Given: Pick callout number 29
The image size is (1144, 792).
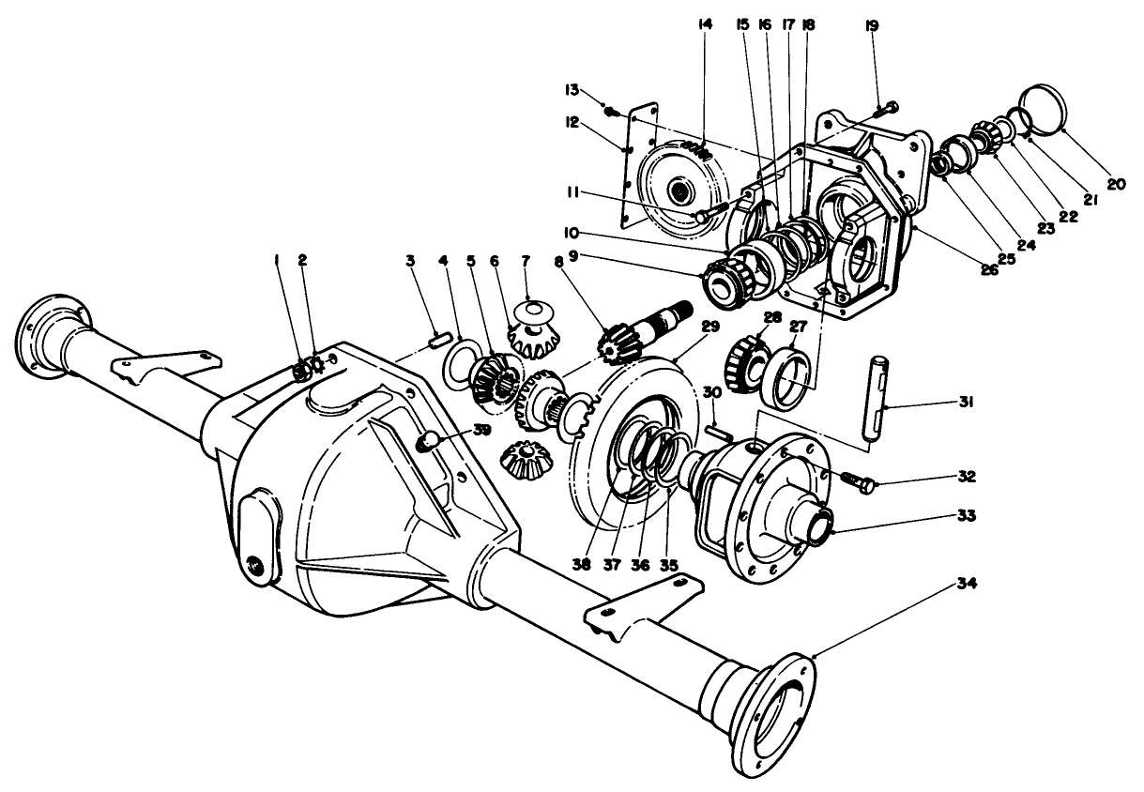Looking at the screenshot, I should pos(709,326).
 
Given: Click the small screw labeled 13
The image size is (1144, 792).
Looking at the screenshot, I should pos(612,112).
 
